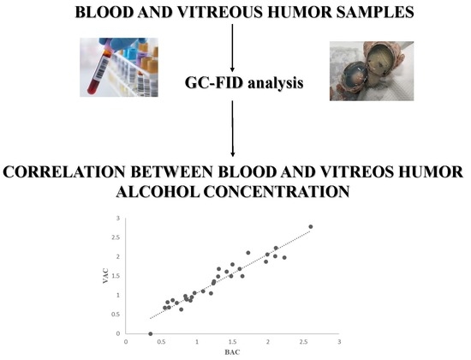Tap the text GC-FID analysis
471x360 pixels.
pos(244,82)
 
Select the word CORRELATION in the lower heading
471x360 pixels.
pos(64,172)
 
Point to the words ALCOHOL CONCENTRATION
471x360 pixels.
pos(233,191)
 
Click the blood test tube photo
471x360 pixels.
pos(119,67)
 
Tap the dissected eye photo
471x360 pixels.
pos(372,71)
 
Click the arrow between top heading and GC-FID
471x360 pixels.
pos(232,48)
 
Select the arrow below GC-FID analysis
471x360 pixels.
pos(232,129)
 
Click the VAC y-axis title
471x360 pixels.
pos(105,276)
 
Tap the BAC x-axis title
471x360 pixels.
pos(232,352)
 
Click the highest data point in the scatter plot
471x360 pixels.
pos(311,226)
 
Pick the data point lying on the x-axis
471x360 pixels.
pos(151,333)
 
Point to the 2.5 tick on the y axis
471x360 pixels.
pos(116,237)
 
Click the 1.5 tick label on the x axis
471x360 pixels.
pos(232,342)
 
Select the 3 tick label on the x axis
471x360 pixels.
pos(339,342)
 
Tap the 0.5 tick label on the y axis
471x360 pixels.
pos(116,315)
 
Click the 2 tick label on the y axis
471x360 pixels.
pos(118,256)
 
